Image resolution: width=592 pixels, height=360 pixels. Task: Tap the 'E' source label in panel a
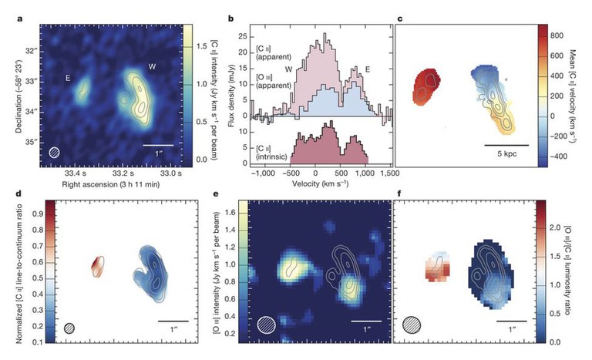(x=69, y=77)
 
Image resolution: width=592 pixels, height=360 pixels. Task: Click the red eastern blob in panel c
(x=425, y=83)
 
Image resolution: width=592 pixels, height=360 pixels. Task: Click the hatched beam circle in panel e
(x=267, y=327)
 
